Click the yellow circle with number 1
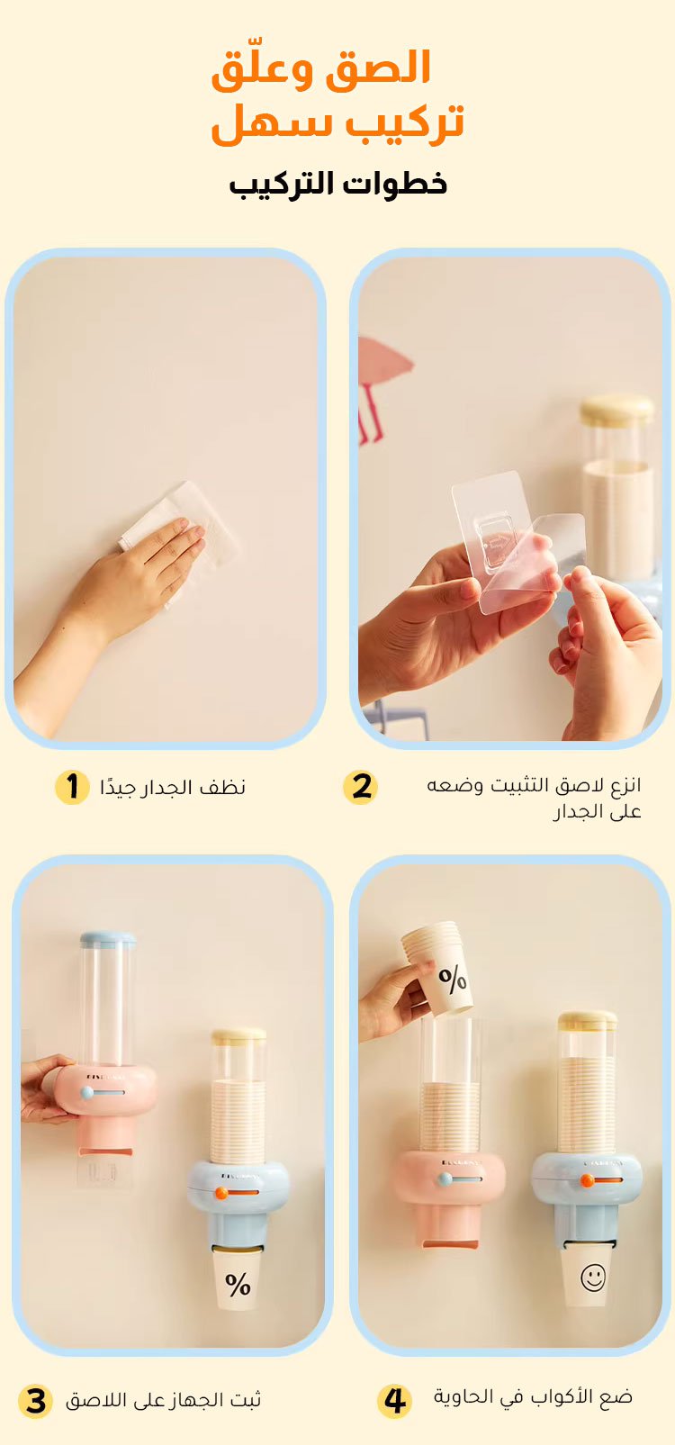(72, 787)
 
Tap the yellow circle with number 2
(361, 787)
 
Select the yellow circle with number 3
(35, 1402)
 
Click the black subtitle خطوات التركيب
(338, 184)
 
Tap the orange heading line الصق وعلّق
(321, 68)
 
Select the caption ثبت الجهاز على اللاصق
(164, 1401)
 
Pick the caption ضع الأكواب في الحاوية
(533, 1397)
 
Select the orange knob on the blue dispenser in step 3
(221, 1194)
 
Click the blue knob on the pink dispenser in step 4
(445, 1179)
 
